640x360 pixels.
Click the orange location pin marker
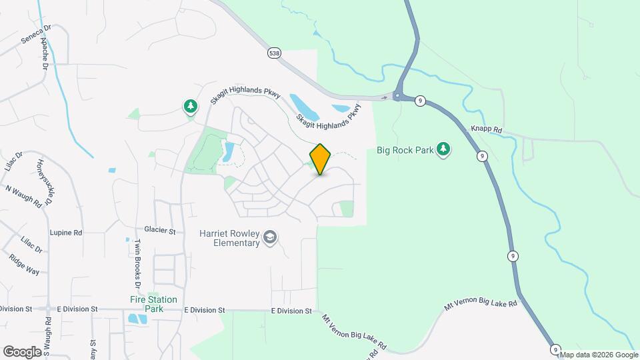[320, 159]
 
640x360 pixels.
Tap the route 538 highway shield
[274, 53]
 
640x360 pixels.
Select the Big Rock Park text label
[405, 150]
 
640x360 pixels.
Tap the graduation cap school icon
[270, 238]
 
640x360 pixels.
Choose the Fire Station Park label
[153, 304]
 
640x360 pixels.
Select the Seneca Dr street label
[35, 35]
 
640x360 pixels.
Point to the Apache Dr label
[45, 54]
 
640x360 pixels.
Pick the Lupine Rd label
[65, 233]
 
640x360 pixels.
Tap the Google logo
[22, 351]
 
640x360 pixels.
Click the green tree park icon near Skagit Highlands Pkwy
[191, 106]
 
